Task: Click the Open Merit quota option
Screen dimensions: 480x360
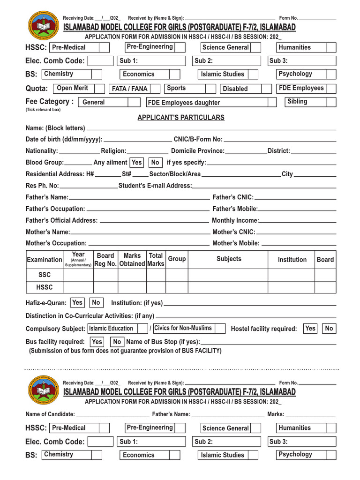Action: coord(72,88)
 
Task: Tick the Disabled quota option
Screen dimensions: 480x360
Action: coord(235,89)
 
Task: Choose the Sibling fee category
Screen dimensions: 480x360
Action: coord(297,101)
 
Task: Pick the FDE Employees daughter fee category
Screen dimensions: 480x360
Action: coord(184,103)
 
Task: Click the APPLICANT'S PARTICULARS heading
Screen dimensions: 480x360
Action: coord(180,118)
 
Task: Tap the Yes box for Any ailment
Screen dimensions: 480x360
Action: coord(136,162)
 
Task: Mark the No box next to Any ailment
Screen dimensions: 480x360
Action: coord(155,162)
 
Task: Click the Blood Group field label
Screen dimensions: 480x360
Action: coord(45,162)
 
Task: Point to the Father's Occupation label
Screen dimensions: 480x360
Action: coord(55,209)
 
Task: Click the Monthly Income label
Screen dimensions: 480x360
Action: coord(235,220)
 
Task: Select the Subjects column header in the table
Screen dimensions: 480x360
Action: coord(229,259)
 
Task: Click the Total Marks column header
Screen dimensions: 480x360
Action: coord(156,259)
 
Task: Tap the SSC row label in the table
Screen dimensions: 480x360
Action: coord(45,275)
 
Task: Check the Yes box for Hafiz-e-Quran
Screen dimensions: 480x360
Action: coord(77,303)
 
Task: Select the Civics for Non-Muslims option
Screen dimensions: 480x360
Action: coord(183,328)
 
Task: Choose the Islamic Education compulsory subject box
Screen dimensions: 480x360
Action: coord(111,329)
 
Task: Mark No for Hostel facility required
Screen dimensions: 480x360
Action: coord(329,329)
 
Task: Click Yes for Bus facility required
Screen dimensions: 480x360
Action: coord(97,342)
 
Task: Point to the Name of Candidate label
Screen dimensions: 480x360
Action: coord(50,414)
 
